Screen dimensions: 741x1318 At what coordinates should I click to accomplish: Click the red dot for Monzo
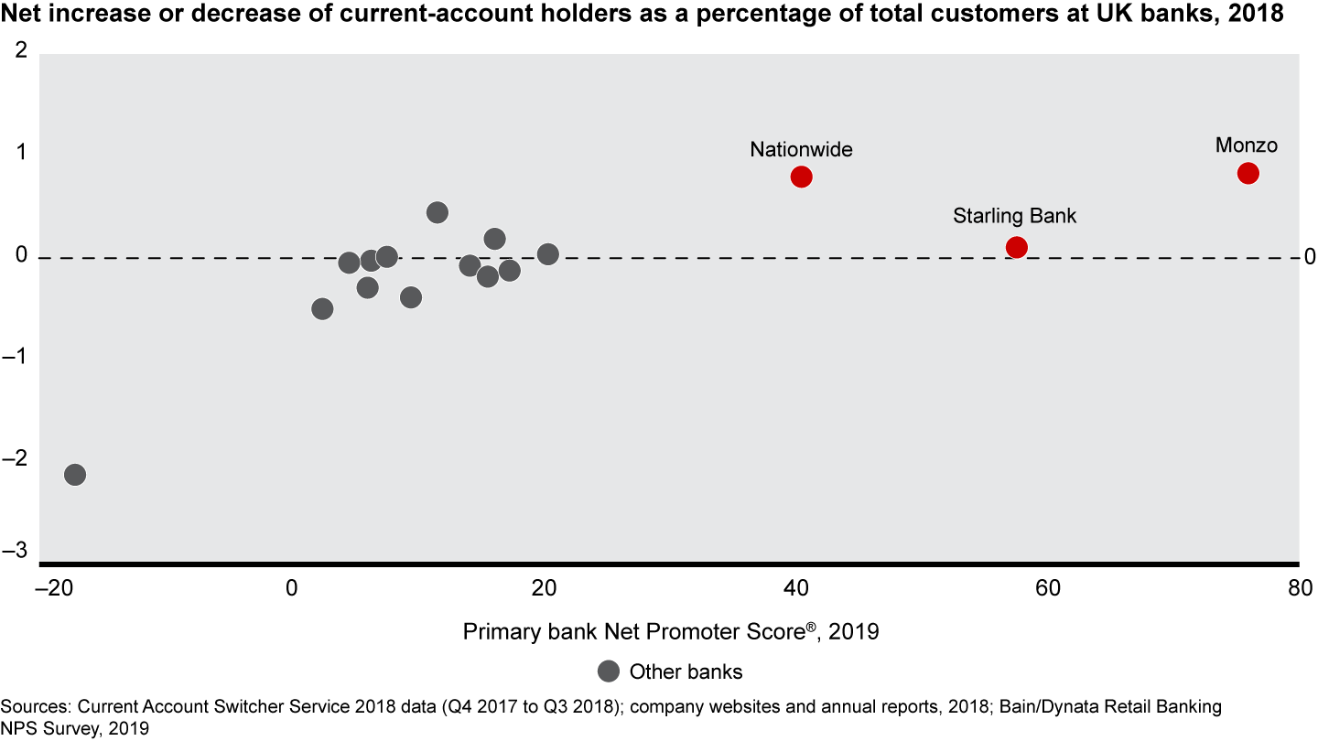pyautogui.click(x=1248, y=174)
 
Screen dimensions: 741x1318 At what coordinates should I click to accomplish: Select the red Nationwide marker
pyautogui.click(x=801, y=177)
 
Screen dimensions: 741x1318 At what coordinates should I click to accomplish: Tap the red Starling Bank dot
pyautogui.click(x=1016, y=247)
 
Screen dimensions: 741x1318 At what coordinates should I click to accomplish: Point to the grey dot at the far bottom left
pyautogui.click(x=75, y=475)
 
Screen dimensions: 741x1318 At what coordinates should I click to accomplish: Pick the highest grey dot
pyautogui.click(x=438, y=212)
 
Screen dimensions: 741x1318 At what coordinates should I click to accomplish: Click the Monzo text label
pyautogui.click(x=1246, y=145)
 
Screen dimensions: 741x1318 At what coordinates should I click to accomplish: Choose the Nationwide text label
pyautogui.click(x=801, y=149)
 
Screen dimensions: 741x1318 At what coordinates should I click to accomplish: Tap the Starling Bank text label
pyautogui.click(x=1015, y=217)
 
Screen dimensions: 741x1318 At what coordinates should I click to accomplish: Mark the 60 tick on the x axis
pyautogui.click(x=1047, y=587)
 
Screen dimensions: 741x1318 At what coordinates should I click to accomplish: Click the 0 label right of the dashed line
pyautogui.click(x=1310, y=257)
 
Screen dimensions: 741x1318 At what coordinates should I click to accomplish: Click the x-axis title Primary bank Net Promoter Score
pyautogui.click(x=670, y=632)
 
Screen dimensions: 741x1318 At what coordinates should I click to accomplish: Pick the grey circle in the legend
pyautogui.click(x=609, y=671)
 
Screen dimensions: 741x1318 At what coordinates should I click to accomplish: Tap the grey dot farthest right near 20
pyautogui.click(x=548, y=254)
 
